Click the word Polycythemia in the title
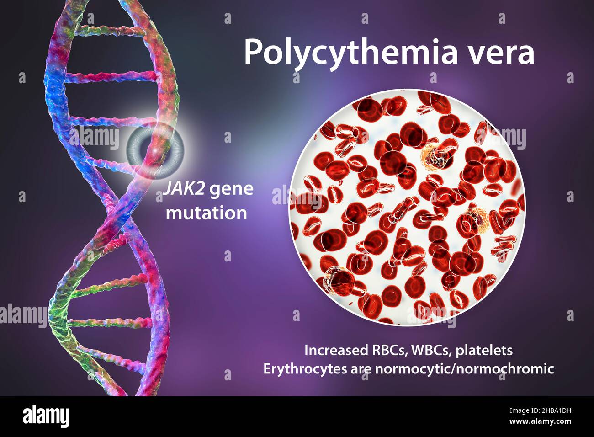click(350, 53)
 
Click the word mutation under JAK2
click(207, 213)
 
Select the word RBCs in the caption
click(388, 350)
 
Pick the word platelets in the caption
click(485, 350)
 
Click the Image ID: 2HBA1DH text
click(540, 410)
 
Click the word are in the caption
click(361, 370)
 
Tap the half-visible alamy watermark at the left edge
click(24, 315)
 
